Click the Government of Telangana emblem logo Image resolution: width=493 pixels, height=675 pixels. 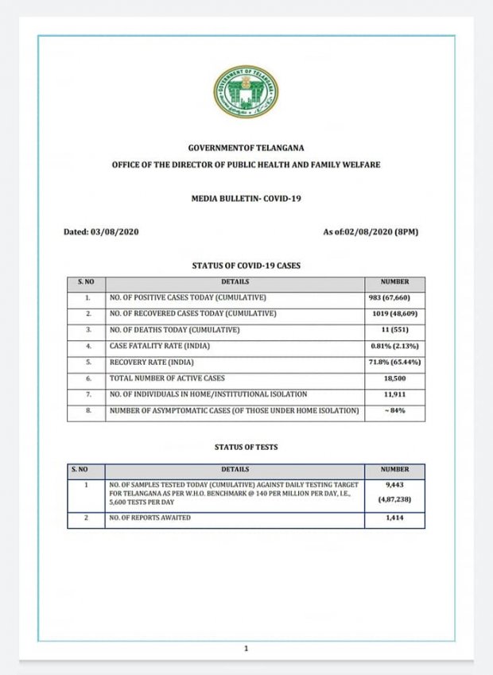pyautogui.click(x=246, y=91)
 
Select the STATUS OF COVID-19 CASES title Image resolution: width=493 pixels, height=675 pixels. pyautogui.click(x=246, y=265)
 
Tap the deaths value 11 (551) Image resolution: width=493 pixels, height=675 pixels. pyautogui.click(x=394, y=330)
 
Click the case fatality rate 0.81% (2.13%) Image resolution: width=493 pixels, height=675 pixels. pyautogui.click(x=394, y=346)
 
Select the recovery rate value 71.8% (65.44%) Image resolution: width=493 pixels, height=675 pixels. pyautogui.click(x=394, y=363)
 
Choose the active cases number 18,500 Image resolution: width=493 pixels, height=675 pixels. pyautogui.click(x=394, y=379)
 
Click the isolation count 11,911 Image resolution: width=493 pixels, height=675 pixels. pyautogui.click(x=394, y=395)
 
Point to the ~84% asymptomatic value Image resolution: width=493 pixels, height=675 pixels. pyautogui.click(x=394, y=411)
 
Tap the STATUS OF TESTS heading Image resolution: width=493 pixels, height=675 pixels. pyautogui.click(x=246, y=448)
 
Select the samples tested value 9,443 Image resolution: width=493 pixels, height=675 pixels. pyautogui.click(x=394, y=485)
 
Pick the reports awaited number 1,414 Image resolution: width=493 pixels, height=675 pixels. pyautogui.click(x=394, y=519)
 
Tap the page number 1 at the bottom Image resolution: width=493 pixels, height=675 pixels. pyautogui.click(x=246, y=649)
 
